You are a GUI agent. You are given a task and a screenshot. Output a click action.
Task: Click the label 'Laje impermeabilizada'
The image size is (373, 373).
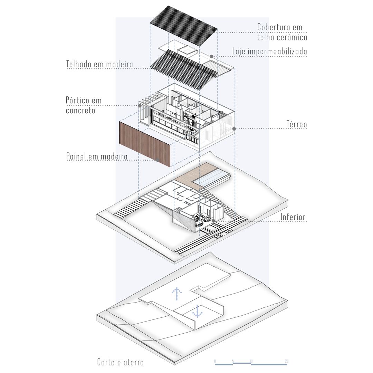pos(269,51)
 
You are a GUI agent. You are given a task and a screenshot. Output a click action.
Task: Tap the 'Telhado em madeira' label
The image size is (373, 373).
pos(99,64)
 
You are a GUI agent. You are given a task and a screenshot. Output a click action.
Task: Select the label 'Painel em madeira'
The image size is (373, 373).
pos(97,156)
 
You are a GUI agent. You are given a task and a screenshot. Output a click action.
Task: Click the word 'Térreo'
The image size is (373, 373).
pos(296,124)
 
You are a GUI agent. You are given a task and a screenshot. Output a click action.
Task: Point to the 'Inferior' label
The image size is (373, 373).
pos(293,217)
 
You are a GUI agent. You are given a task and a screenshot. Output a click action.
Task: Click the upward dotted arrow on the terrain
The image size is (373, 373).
pos(176,294)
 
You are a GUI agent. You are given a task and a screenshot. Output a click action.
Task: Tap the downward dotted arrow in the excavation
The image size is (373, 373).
pos(197,311)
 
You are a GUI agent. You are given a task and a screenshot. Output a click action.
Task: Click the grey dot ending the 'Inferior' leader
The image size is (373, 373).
pos(213,221)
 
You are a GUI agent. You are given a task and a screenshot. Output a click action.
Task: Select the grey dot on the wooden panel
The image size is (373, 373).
pos(157,160)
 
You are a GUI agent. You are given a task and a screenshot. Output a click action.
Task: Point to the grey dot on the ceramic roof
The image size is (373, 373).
pos(211,32)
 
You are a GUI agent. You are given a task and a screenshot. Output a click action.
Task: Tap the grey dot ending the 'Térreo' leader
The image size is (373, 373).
pos(234,129)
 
